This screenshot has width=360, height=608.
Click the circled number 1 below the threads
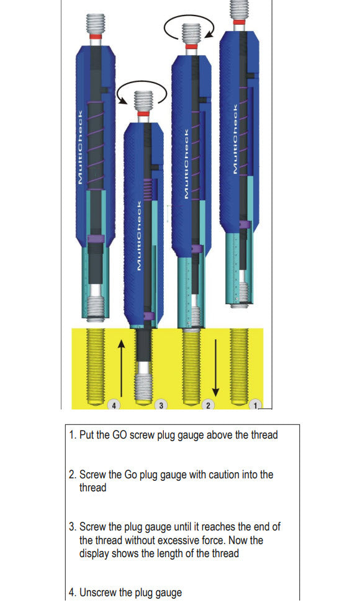255,405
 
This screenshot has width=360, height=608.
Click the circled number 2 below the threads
209,405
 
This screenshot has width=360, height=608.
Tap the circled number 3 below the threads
161,405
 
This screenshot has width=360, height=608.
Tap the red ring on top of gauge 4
96,36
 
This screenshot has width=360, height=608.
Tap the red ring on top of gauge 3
143,114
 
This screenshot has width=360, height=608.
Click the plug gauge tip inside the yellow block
144,385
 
